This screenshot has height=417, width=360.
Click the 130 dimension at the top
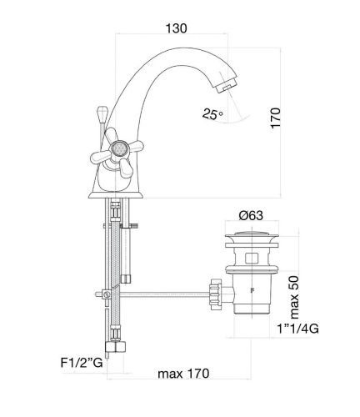click(x=176, y=28)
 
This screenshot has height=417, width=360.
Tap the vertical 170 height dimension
click(x=276, y=118)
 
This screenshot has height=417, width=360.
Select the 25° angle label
click(x=212, y=114)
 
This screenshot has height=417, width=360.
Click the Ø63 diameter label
click(x=251, y=215)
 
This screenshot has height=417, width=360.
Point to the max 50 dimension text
click(x=293, y=297)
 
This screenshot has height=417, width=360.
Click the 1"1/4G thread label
click(x=298, y=329)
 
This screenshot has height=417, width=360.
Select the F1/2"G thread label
click(x=82, y=363)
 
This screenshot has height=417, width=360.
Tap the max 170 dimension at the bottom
click(x=183, y=374)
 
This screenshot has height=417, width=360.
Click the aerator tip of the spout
click(x=227, y=85)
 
